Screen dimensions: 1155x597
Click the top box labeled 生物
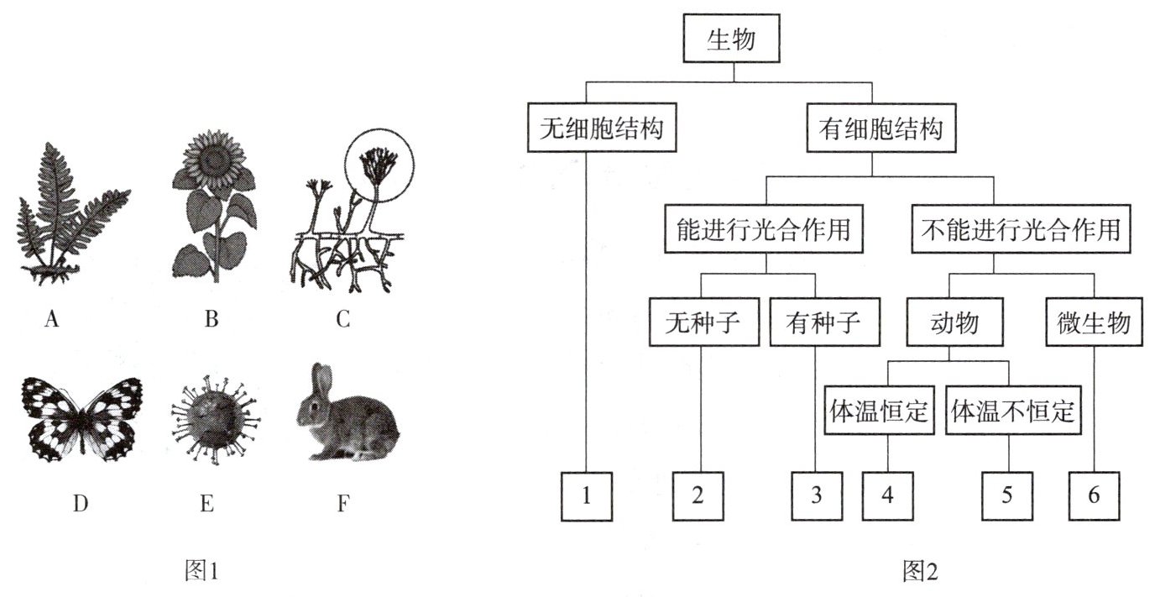pyautogui.click(x=732, y=41)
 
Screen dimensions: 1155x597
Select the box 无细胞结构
pyautogui.click(x=604, y=129)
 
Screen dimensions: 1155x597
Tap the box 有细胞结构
pyautogui.click(x=880, y=129)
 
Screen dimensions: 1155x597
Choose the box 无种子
pyautogui.click(x=702, y=322)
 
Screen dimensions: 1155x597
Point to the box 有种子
pyautogui.click(x=823, y=322)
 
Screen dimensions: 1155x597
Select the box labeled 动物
pyautogui.click(x=954, y=322)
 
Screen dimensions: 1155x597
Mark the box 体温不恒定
pyautogui.click(x=1014, y=411)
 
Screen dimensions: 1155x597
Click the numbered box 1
pyautogui.click(x=587, y=496)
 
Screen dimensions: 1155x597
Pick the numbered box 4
pyautogui.click(x=888, y=496)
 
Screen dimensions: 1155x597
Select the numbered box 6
pyautogui.click(x=1094, y=496)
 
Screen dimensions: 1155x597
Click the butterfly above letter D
pyautogui.click(x=81, y=417)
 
